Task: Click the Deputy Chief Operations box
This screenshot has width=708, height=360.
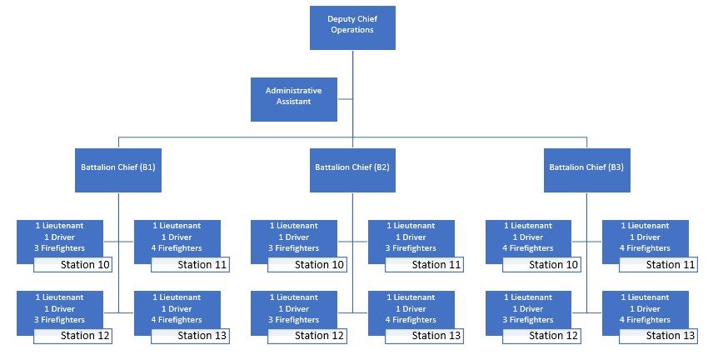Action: [352, 26]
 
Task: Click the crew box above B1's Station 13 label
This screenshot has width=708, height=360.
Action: [177, 308]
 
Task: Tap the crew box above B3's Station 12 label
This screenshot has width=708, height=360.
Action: [528, 308]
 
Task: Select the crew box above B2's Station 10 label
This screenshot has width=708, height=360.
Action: [294, 237]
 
